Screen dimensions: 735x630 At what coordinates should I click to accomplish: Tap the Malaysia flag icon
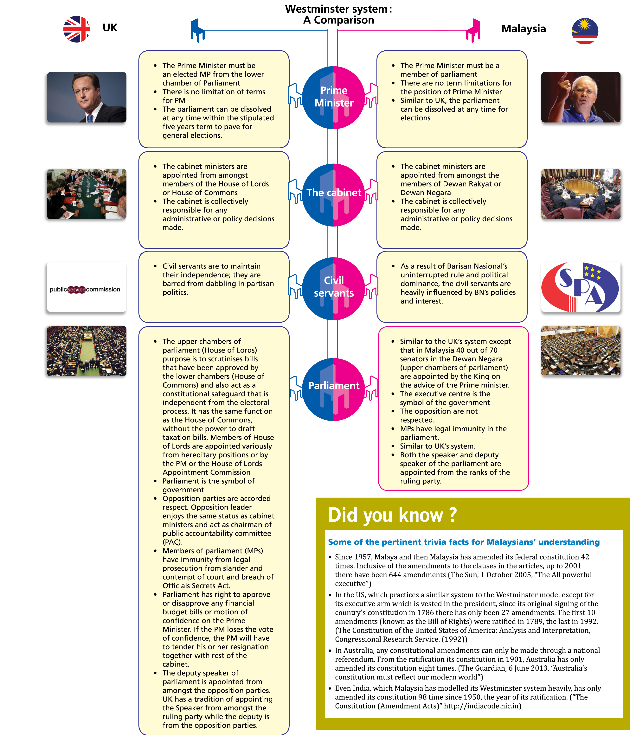tap(585, 31)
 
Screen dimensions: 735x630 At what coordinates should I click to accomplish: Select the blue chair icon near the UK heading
tap(197, 30)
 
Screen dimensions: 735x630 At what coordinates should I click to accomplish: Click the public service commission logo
tap(87, 287)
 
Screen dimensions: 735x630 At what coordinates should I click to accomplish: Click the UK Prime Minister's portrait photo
tap(87, 97)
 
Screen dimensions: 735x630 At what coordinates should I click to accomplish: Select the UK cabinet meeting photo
tap(87, 194)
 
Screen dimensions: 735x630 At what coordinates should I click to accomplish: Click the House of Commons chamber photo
tap(87, 351)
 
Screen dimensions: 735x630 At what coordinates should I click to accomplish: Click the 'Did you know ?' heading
tap(392, 515)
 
